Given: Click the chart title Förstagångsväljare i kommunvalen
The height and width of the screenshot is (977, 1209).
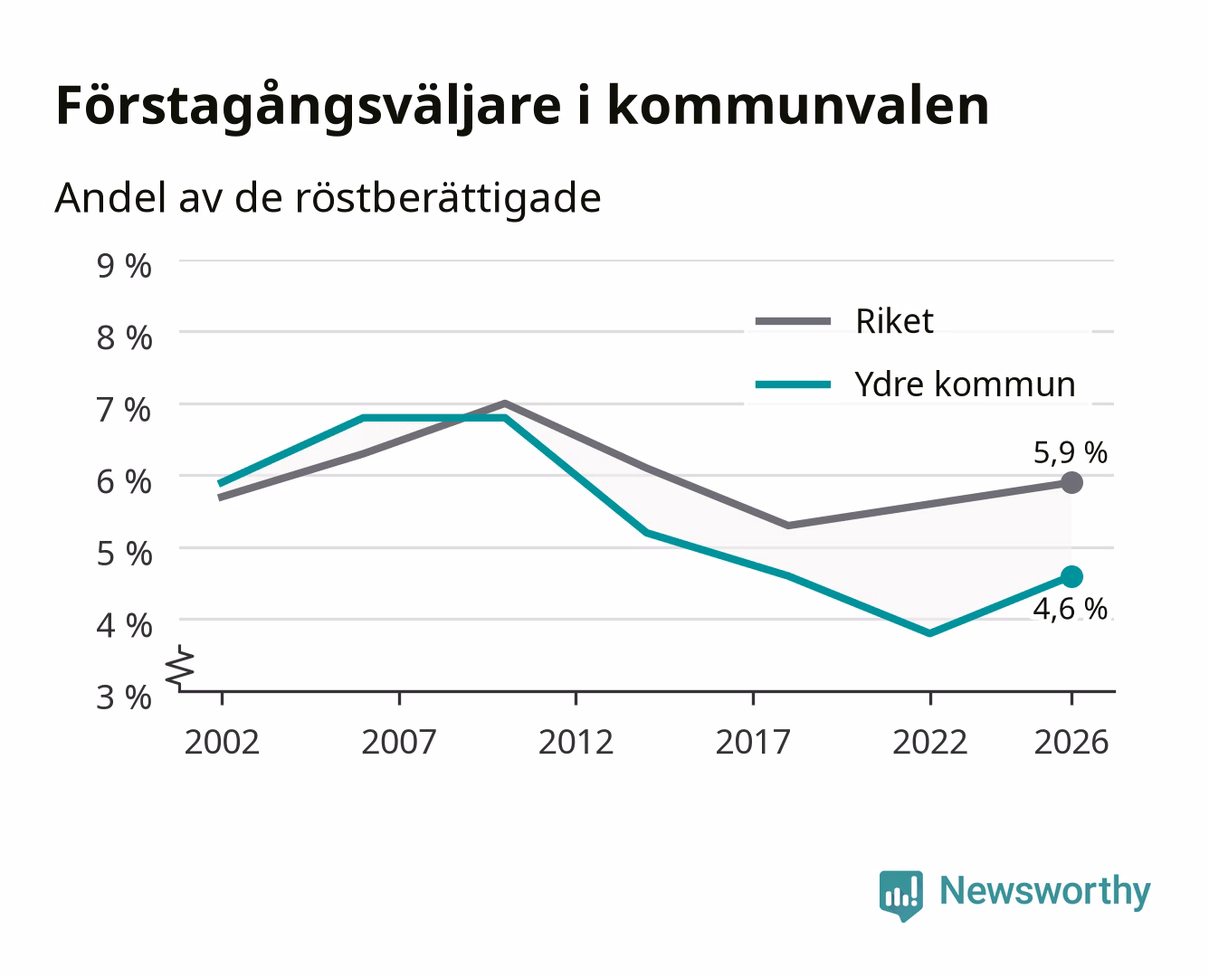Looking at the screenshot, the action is click(x=522, y=107).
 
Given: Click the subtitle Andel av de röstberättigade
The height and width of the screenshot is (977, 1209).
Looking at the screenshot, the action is click(x=328, y=199).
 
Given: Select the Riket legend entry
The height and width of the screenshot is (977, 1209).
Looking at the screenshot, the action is click(x=844, y=321).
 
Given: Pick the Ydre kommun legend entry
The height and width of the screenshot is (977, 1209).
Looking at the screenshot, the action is click(x=915, y=384).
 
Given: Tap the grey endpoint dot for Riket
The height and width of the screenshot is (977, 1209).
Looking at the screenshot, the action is click(x=1071, y=483).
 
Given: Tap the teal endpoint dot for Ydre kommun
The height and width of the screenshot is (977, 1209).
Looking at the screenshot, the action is click(x=1071, y=577).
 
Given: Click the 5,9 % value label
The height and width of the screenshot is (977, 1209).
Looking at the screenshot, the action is click(x=1070, y=452).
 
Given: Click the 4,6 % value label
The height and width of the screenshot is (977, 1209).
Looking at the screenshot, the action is click(x=1070, y=609).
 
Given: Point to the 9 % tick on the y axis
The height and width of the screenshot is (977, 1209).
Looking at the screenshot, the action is click(x=124, y=266).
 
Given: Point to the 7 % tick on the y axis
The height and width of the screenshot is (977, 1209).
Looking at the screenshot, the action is click(x=124, y=410).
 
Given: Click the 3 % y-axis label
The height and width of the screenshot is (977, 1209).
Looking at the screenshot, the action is click(x=124, y=697).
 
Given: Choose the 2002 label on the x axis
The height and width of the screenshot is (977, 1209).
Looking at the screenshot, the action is click(x=222, y=742).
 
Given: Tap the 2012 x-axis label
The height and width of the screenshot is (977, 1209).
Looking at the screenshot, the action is click(x=576, y=742).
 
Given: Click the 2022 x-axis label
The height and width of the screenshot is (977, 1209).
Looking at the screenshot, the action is click(x=929, y=742).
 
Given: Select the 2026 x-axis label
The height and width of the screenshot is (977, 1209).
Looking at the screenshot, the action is click(x=1071, y=742).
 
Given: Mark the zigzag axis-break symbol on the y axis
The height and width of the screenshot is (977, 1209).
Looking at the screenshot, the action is click(x=180, y=669).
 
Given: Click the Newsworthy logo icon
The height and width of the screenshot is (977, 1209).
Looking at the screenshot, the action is click(x=900, y=895).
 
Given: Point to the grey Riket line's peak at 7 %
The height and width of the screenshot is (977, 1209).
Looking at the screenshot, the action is click(x=505, y=403).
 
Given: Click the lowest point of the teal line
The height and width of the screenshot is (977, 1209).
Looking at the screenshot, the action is click(x=929, y=633).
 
